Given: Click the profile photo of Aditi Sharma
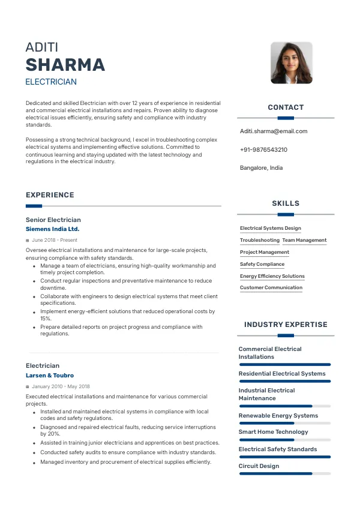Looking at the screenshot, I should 292,62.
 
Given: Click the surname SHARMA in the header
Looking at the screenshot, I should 65,65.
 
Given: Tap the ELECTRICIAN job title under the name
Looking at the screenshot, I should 51,82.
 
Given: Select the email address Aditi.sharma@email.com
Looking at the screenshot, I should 274,131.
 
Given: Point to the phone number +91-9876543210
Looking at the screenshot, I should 263,149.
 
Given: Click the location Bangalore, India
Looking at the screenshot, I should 261,167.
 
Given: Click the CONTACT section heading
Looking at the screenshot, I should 286,107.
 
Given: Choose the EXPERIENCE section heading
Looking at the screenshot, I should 50,195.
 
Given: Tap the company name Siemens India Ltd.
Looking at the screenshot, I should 52,229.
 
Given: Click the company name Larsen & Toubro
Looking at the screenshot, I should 50,375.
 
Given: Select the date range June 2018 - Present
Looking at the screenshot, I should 54,240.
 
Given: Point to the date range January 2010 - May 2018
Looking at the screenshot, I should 61,386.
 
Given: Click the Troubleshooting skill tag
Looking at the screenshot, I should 260,240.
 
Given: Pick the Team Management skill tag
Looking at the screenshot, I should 304,240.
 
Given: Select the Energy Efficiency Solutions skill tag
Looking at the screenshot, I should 272,276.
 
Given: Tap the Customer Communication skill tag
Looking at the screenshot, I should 271,287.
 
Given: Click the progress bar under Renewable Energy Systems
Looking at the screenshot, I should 284,423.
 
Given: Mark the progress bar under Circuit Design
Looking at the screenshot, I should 284,473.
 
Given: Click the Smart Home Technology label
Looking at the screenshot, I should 273,431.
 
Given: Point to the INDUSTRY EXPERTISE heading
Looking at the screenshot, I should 286,325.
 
